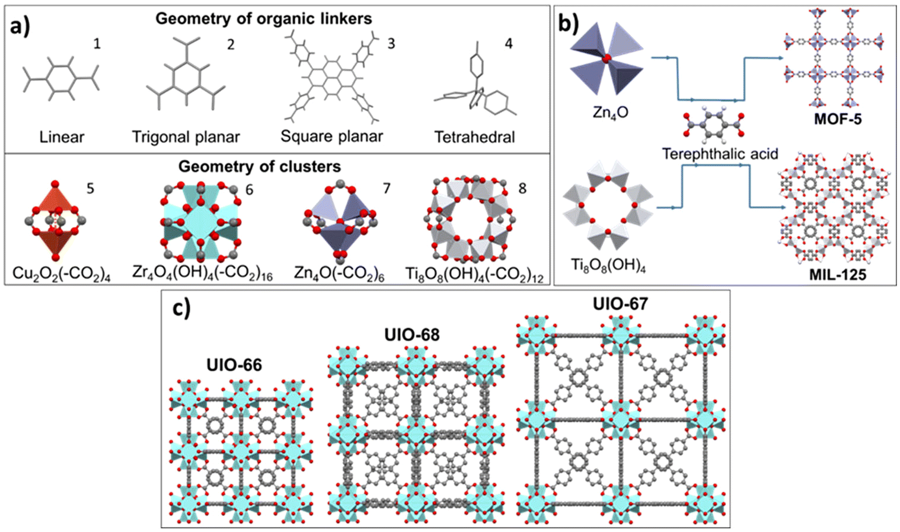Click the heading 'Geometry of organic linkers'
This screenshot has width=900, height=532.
click(x=264, y=18)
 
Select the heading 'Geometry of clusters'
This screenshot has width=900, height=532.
click(x=260, y=166)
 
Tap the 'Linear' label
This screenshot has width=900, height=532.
click(x=62, y=137)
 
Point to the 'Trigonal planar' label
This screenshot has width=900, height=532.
click(x=186, y=137)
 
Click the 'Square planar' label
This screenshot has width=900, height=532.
click(x=332, y=136)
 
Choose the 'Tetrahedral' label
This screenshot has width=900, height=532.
click(x=474, y=137)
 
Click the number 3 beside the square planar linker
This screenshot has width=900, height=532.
click(x=391, y=43)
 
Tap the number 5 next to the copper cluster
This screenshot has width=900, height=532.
click(x=90, y=188)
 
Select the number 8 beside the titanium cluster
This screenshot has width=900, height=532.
click(x=522, y=188)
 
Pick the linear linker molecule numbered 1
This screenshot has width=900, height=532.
click(x=61, y=79)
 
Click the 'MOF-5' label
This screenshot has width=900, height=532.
click(x=838, y=119)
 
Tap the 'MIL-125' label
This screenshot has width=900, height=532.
click(x=837, y=275)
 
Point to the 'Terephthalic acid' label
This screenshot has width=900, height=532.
click(x=720, y=154)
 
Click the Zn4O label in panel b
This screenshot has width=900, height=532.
click(x=610, y=113)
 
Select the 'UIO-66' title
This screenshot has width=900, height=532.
click(x=234, y=365)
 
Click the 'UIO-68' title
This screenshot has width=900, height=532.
click(x=412, y=335)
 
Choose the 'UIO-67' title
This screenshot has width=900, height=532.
click(x=620, y=304)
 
